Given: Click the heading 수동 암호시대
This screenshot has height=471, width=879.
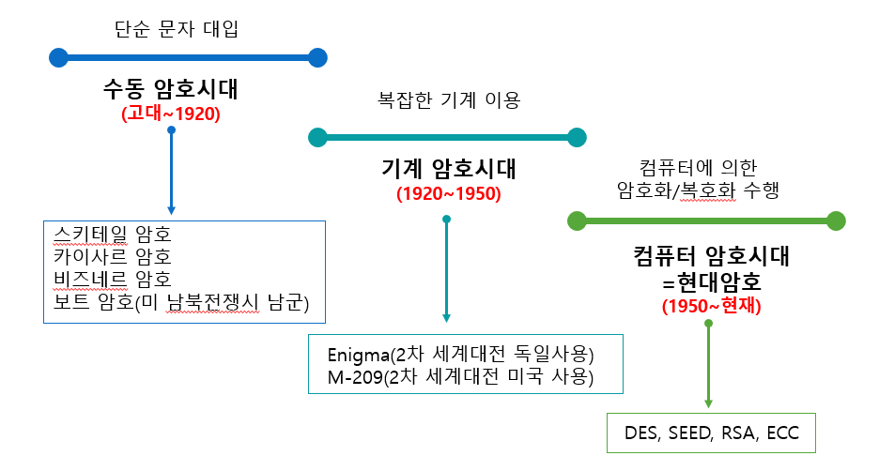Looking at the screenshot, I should point(171,90).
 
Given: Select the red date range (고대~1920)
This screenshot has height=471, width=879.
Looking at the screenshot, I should point(170,114).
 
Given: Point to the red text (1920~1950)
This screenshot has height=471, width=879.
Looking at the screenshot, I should point(448,194).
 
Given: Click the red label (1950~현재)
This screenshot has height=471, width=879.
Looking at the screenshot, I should point(711,306).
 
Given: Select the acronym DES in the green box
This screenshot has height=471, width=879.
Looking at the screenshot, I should point(643,434).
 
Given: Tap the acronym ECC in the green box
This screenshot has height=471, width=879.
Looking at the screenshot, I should point(782,434).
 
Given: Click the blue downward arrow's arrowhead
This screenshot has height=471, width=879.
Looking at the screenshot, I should point(171,209).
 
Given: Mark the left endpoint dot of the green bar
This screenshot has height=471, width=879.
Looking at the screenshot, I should point(577,221).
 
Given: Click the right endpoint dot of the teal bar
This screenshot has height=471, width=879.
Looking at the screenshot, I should point(577,138).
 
